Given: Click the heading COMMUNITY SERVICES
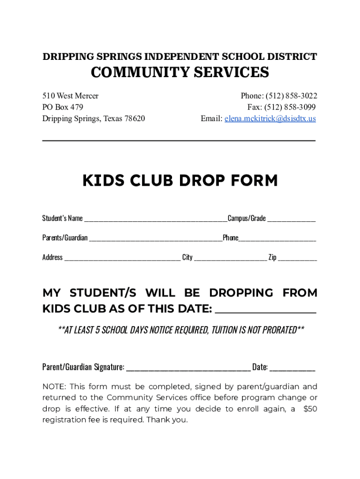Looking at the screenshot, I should click(x=180, y=73).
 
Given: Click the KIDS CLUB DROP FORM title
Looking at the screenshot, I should click(x=180, y=181).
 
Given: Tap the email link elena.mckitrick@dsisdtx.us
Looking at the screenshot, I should click(x=270, y=119).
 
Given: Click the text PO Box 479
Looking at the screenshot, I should click(x=63, y=107).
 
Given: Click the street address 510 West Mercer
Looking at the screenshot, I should click(x=71, y=96).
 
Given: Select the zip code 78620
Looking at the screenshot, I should click(x=134, y=119).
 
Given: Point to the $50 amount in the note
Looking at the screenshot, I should click(x=310, y=409).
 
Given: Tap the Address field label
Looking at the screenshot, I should click(x=52, y=257).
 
